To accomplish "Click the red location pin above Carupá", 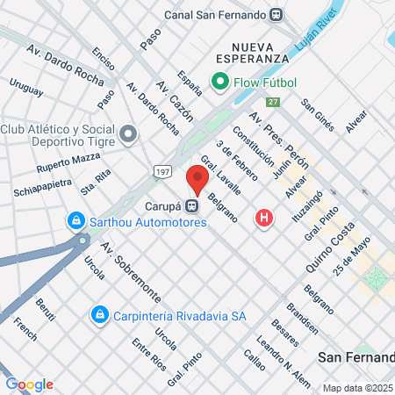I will [x=197, y=179].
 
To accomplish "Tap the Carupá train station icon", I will [x=191, y=205].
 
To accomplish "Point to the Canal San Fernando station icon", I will [x=277, y=13].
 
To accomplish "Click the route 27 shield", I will [x=274, y=102].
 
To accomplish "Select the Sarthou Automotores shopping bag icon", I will [x=77, y=220].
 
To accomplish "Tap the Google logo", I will [x=29, y=384].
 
